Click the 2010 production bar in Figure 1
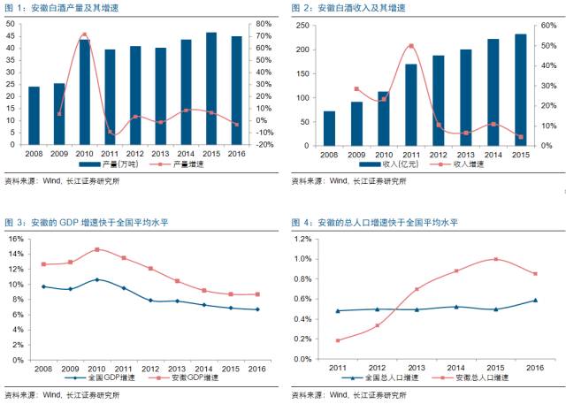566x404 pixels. coord(84,92)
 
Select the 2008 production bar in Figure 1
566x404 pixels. coord(34,115)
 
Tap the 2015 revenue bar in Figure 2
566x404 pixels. coord(520,88)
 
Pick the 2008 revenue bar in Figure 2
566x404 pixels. coord(329,127)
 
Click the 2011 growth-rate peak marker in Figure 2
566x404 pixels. coord(410,46)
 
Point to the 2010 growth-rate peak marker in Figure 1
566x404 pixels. coord(84,34)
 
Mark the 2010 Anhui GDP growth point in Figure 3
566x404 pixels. coord(97,249)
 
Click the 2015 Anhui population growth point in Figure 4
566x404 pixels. coord(496,259)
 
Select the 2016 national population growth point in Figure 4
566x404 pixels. coord(535,301)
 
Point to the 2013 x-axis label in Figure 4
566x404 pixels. coord(417,368)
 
